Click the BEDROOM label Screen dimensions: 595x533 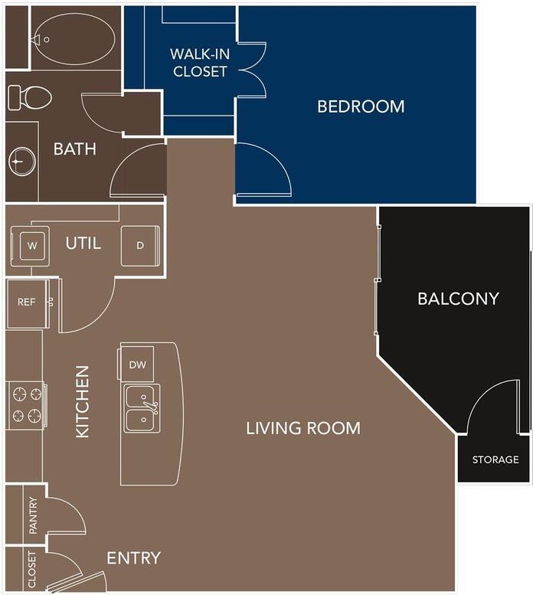coord(361,106)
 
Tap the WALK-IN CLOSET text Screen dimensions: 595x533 coord(199,63)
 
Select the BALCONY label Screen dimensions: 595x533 coord(458,299)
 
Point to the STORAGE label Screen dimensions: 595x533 coord(495,460)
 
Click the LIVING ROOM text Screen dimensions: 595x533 coord(303,428)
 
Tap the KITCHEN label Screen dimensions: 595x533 coord(83,401)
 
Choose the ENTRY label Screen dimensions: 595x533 coord(133,558)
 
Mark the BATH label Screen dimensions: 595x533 coord(74,149)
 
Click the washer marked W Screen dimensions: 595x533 coord(31,246)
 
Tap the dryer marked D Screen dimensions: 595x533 coord(139,246)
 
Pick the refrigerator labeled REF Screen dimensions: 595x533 coord(26,302)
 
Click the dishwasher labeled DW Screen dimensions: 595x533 coord(138,365)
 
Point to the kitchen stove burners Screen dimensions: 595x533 coord(26,405)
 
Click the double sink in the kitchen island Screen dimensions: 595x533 coord(142,410)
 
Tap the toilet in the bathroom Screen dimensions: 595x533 coord(29,97)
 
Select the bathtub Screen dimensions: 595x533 coord(75,38)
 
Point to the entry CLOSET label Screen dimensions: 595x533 coord(32,570)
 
